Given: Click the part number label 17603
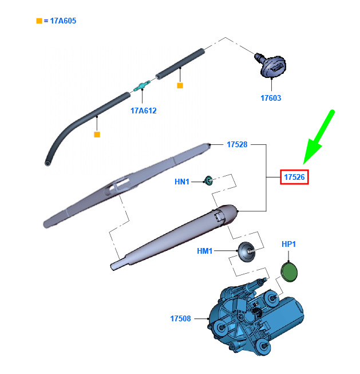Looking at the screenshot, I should (271, 98).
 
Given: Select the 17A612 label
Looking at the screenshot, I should (143, 111).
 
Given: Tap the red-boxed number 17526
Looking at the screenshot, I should (294, 178).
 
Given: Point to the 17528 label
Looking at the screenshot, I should (236, 145).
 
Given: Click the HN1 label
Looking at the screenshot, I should (182, 182).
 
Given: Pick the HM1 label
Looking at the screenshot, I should (204, 251).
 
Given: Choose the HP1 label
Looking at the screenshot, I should (288, 245).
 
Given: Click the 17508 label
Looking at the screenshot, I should (180, 318).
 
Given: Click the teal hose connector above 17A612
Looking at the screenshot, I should (141, 86).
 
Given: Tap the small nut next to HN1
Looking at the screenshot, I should (209, 182).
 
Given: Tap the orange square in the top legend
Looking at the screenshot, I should (39, 21).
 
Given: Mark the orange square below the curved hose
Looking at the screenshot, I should (97, 134).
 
